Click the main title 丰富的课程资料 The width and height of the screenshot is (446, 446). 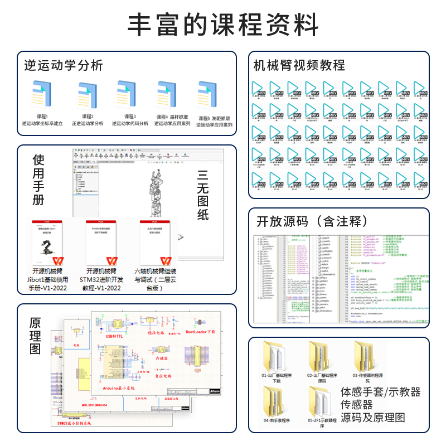[223, 26]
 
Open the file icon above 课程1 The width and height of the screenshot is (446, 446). [42, 95]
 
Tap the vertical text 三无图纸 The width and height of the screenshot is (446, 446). [203, 195]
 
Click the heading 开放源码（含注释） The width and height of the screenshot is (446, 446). [312, 221]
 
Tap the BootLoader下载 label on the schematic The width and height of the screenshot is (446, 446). [203, 332]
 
